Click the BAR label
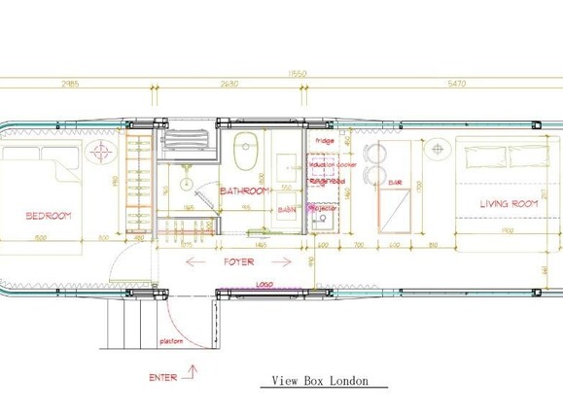click(395, 182)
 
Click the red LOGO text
click(264, 286)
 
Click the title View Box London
click(320, 381)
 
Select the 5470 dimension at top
click(457, 85)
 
